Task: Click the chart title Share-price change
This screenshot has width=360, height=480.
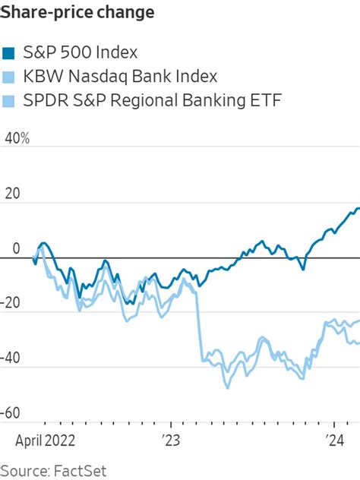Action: point(78,13)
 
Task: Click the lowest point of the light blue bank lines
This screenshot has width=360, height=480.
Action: point(226,387)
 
